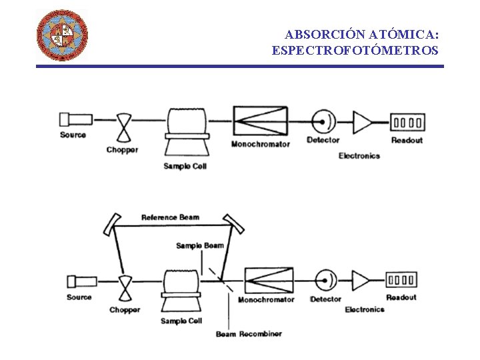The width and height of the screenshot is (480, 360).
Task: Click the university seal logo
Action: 61,35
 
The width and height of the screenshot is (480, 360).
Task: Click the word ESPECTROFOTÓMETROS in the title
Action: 355,50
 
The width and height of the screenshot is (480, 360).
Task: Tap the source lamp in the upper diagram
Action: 76,119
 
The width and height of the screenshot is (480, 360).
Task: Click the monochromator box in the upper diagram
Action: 261,121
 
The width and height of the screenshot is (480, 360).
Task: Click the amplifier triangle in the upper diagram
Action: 363,122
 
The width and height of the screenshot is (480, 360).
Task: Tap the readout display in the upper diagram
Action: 408,122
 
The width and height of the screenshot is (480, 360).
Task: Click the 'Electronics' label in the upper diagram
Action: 359,156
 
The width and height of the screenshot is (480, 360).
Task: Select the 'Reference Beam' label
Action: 170,217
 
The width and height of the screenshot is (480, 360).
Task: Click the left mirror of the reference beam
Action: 112,224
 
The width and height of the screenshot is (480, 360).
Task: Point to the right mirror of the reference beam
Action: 233,223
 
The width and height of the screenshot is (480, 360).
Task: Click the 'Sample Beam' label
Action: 200,245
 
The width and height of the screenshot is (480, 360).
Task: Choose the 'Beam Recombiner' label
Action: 249,334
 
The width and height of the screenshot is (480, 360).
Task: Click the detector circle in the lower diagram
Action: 325,280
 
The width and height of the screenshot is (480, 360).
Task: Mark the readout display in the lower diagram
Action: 402,280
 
